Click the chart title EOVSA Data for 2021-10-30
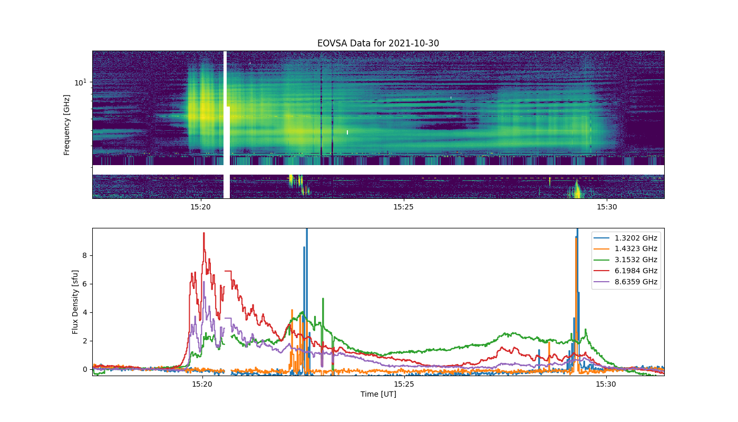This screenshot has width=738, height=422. [x=378, y=43]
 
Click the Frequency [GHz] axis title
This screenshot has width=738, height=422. [x=67, y=125]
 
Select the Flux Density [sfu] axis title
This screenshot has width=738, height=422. [x=75, y=302]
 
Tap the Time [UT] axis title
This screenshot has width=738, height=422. [x=378, y=394]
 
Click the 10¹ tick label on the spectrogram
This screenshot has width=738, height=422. [x=81, y=82]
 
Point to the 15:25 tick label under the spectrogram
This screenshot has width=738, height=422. [x=403, y=207]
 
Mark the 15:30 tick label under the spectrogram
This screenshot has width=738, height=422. [x=607, y=207]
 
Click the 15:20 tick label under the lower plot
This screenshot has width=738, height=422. [x=202, y=384]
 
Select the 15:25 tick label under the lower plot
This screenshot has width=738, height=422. [x=404, y=384]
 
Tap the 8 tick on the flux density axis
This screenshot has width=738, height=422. [x=85, y=255]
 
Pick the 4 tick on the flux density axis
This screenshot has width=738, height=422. [x=85, y=312]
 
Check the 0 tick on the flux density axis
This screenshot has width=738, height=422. [x=85, y=369]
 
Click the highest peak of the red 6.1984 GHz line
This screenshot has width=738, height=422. [x=204, y=233]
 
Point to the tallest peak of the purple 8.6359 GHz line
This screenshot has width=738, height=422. [x=204, y=282]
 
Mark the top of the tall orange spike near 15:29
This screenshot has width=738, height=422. [x=576, y=238]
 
